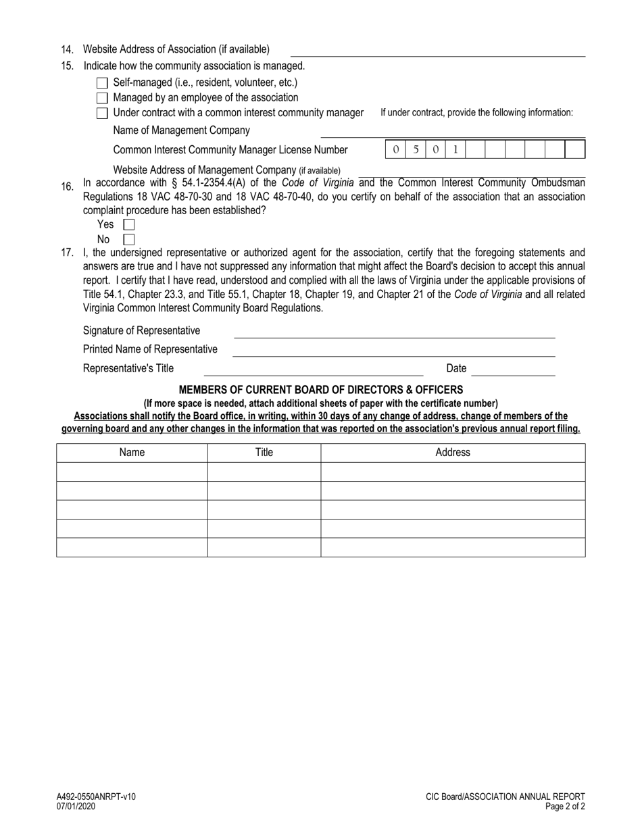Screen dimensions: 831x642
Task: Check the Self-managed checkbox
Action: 102,83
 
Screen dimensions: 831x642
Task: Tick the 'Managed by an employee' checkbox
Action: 102,98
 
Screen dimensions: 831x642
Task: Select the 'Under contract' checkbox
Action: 102,113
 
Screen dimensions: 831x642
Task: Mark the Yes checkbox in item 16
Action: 129,224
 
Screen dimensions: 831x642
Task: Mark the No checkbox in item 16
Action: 129,239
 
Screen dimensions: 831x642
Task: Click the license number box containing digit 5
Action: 416,149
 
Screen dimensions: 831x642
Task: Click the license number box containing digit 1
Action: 455,149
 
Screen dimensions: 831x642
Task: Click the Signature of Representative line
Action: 393,332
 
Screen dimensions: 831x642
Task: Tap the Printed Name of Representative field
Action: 393,350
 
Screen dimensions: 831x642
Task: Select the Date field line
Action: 513,369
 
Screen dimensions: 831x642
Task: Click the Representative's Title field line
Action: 313,369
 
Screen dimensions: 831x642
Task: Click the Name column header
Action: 132,453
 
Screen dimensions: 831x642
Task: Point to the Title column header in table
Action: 264,453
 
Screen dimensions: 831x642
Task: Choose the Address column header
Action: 452,453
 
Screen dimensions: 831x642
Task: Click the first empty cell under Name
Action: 132,472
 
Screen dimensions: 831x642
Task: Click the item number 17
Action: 67,253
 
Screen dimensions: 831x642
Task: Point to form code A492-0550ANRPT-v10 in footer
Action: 95,797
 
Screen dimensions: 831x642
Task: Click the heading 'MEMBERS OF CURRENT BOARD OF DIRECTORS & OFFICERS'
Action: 320,390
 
